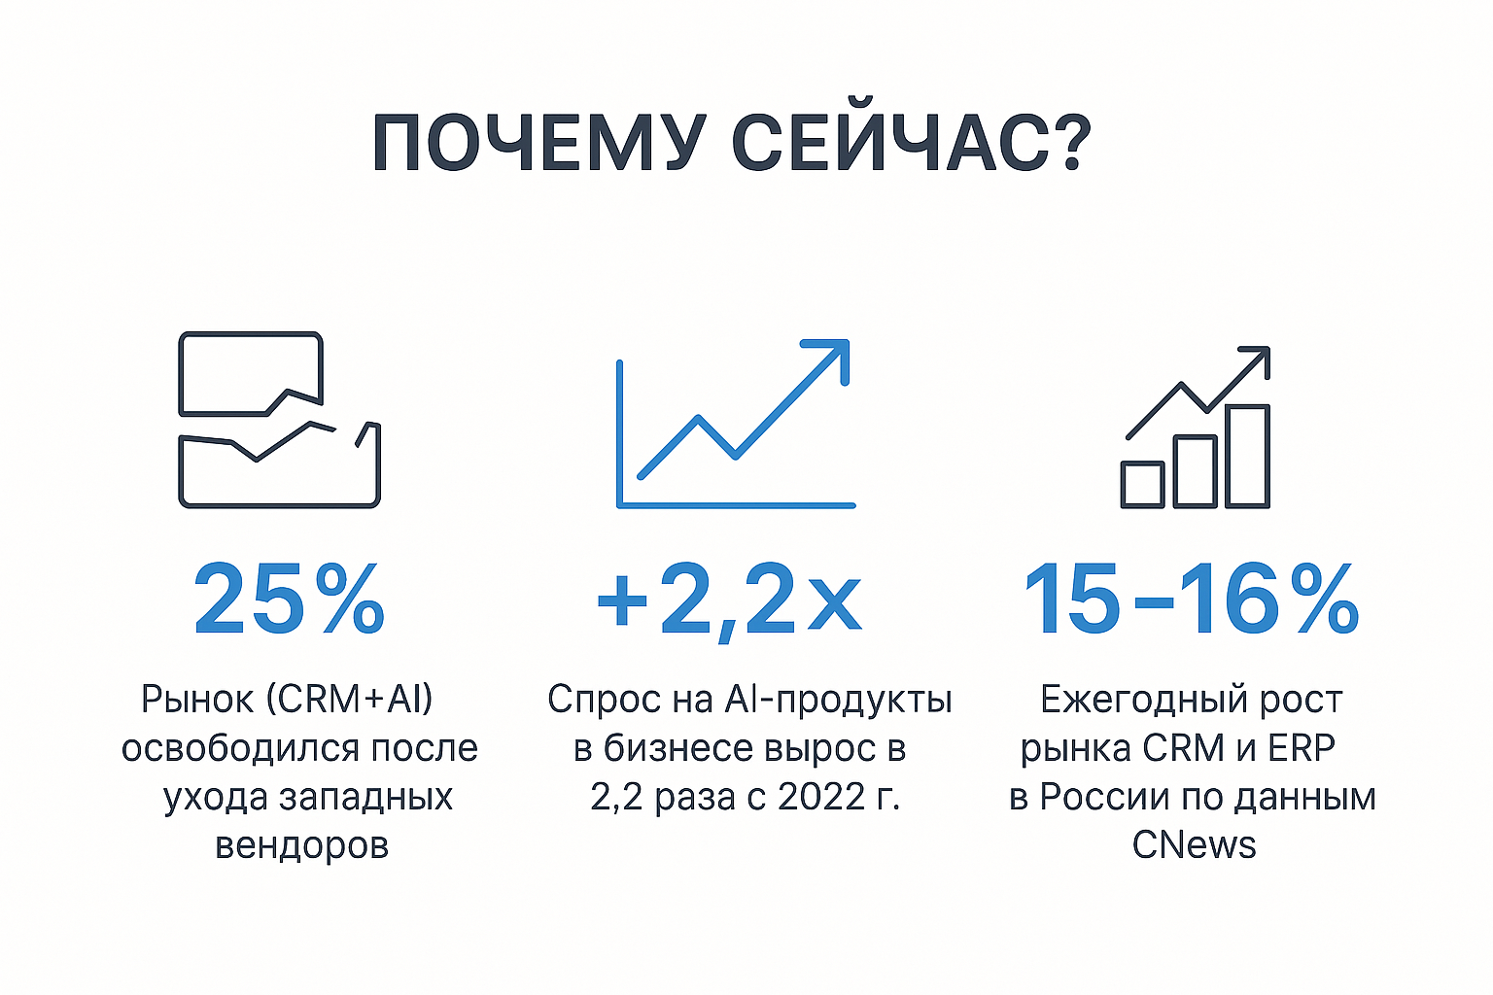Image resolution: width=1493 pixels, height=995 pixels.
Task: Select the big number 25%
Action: tap(289, 600)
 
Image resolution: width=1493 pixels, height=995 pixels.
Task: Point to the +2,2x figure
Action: tap(729, 600)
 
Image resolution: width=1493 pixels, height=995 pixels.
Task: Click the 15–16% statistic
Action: tap(1191, 600)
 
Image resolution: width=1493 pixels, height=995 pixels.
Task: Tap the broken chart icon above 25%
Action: tap(279, 420)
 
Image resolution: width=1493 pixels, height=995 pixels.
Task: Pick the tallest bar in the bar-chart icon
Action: tap(1247, 456)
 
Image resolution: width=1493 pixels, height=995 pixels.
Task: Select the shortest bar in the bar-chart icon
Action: tap(1143, 484)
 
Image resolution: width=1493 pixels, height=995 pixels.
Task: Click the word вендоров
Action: tap(301, 845)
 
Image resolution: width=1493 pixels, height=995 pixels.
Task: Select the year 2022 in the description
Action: tap(820, 797)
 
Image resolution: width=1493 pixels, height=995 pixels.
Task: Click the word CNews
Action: tap(1194, 845)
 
